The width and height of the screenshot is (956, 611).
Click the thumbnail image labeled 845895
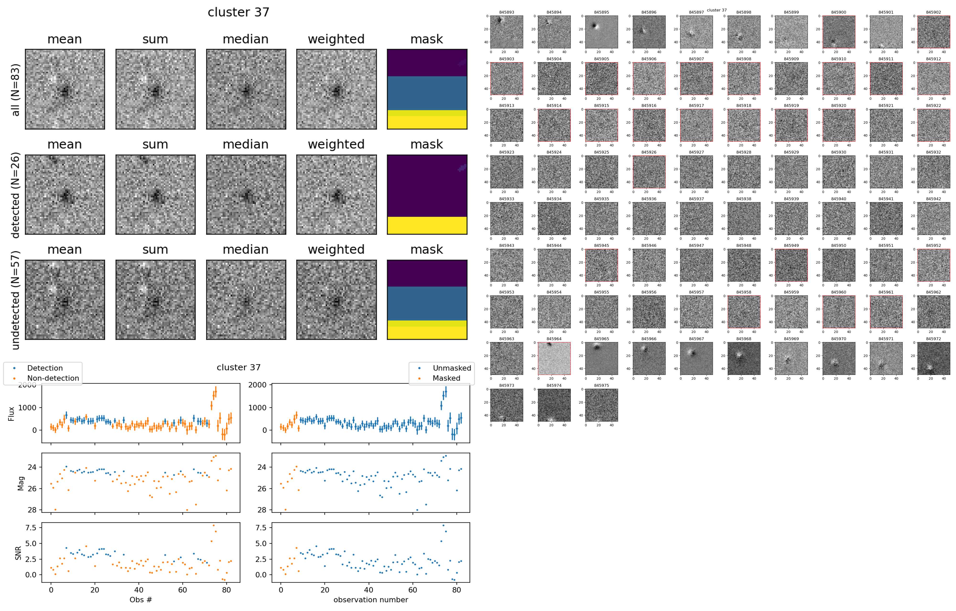(602, 32)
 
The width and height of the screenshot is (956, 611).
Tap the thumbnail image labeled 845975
(602, 405)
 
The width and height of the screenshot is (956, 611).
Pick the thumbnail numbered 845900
(838, 32)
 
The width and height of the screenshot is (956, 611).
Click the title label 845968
(744, 339)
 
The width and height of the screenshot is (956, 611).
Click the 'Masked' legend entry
(446, 378)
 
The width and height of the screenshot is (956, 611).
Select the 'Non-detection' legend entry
(53, 378)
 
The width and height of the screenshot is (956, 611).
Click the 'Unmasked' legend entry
(452, 368)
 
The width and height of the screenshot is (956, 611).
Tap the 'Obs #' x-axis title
(141, 600)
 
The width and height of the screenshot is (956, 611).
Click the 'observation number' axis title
(370, 600)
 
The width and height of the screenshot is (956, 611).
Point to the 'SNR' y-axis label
(18, 552)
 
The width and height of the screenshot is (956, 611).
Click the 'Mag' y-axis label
(21, 483)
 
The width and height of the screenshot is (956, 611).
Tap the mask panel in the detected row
(427, 195)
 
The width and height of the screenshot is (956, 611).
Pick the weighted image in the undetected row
(336, 300)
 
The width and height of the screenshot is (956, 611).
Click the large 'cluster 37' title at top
(238, 12)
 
